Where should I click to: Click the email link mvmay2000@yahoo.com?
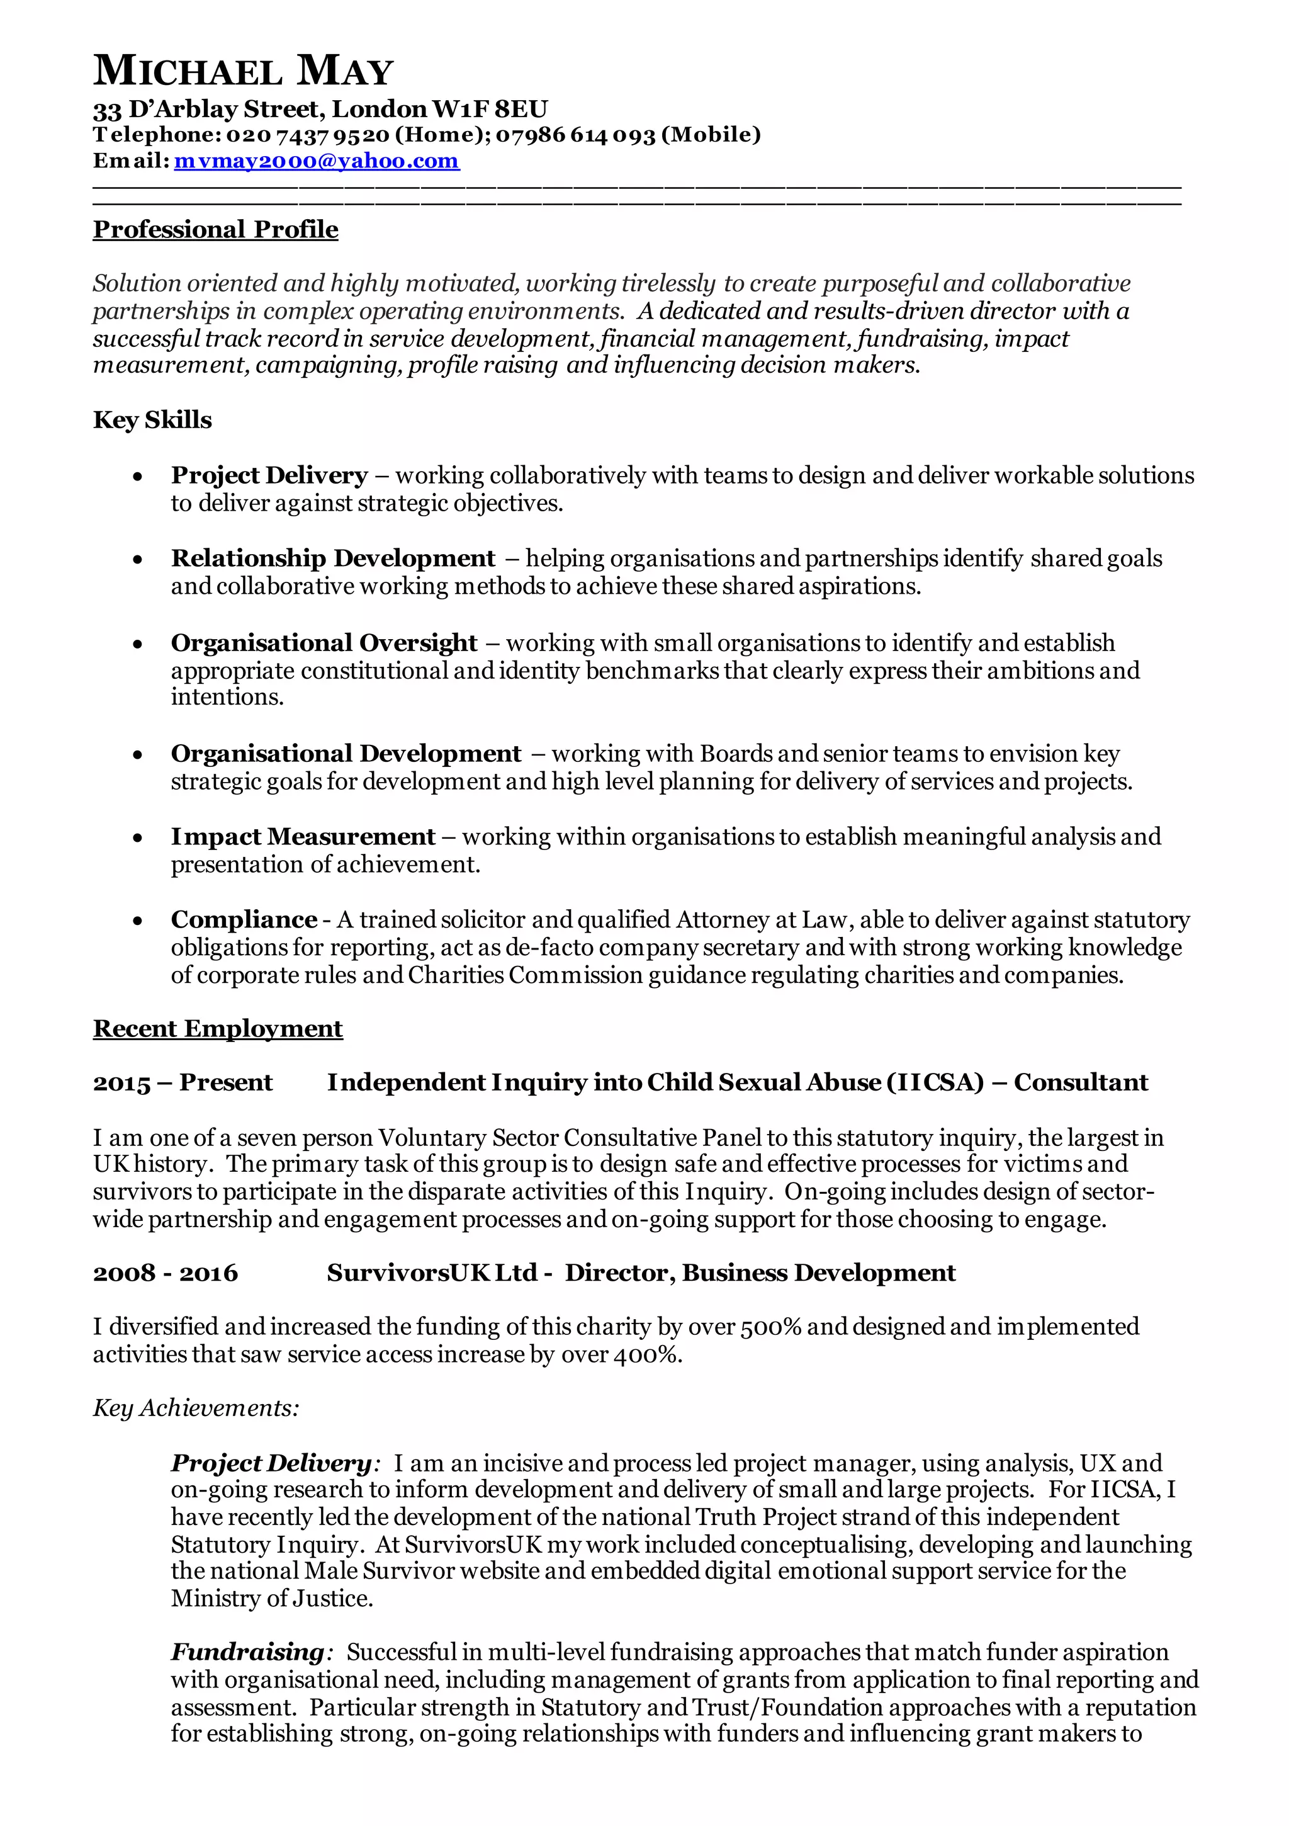(317, 161)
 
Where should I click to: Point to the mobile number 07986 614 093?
(575, 135)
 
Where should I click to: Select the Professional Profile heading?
(215, 230)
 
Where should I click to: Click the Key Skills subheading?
(153, 420)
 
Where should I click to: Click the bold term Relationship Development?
(332, 559)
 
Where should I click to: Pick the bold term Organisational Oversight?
(324, 643)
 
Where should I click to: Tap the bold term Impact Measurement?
(303, 837)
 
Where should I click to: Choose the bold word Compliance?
(244, 919)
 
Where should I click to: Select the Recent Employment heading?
(218, 1028)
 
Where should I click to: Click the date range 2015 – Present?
(183, 1082)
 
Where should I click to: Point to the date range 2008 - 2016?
(166, 1273)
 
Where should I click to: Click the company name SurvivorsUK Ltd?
(432, 1273)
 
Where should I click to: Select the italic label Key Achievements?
(196, 1408)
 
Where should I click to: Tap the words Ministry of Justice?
(271, 1599)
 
